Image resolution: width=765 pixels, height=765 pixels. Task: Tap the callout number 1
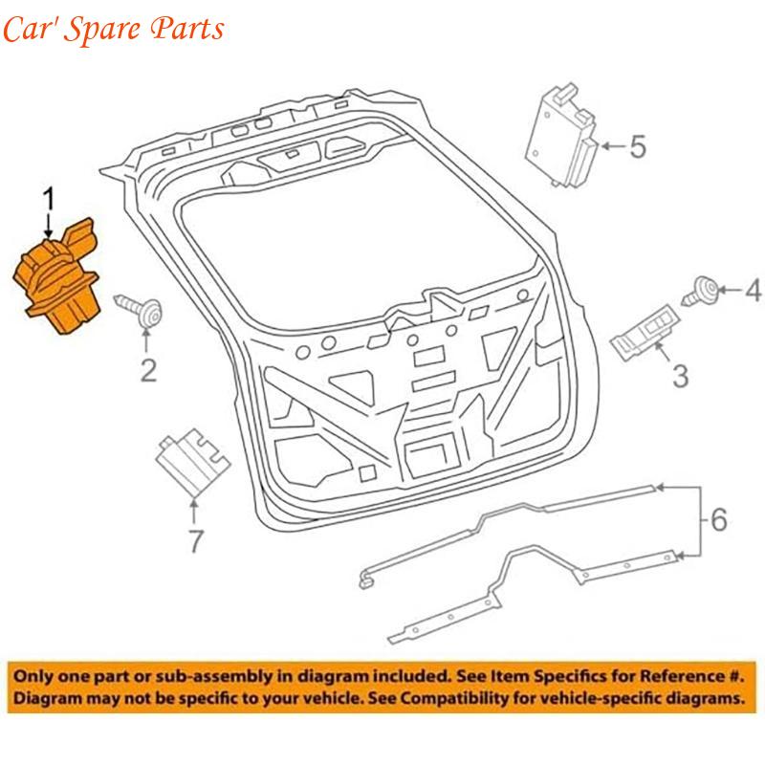click(x=49, y=199)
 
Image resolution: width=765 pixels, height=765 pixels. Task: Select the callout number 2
click(x=148, y=370)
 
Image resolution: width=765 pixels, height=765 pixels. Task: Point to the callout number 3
click(x=680, y=376)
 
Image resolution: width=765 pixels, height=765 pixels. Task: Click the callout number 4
click(x=753, y=290)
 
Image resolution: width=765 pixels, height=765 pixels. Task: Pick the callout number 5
click(x=638, y=146)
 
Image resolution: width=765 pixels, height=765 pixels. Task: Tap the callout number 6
click(x=719, y=519)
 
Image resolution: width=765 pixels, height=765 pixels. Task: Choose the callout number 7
click(x=196, y=540)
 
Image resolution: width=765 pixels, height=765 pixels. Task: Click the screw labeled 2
click(x=139, y=310)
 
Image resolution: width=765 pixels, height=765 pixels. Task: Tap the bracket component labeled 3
click(x=645, y=332)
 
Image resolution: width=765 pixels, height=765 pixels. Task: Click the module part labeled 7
click(x=192, y=462)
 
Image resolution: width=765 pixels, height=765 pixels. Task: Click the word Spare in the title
click(x=101, y=30)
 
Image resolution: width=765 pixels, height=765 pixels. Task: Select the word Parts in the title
click(x=186, y=28)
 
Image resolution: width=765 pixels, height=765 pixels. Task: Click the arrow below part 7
click(x=194, y=512)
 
